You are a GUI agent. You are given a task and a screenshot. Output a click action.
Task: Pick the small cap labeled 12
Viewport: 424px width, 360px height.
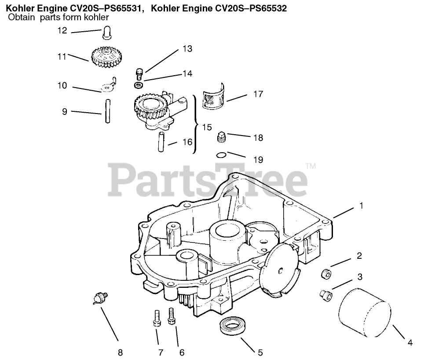106,33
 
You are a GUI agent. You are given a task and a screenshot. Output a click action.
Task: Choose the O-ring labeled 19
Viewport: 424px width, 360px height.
222,154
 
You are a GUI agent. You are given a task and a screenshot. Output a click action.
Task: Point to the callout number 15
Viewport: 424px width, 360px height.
207,127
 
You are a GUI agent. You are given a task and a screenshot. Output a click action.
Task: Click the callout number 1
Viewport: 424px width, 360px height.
362,206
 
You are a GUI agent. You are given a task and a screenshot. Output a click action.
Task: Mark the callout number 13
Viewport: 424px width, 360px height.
187,49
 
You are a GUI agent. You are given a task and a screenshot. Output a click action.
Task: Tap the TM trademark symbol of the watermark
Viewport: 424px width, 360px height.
310,166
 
